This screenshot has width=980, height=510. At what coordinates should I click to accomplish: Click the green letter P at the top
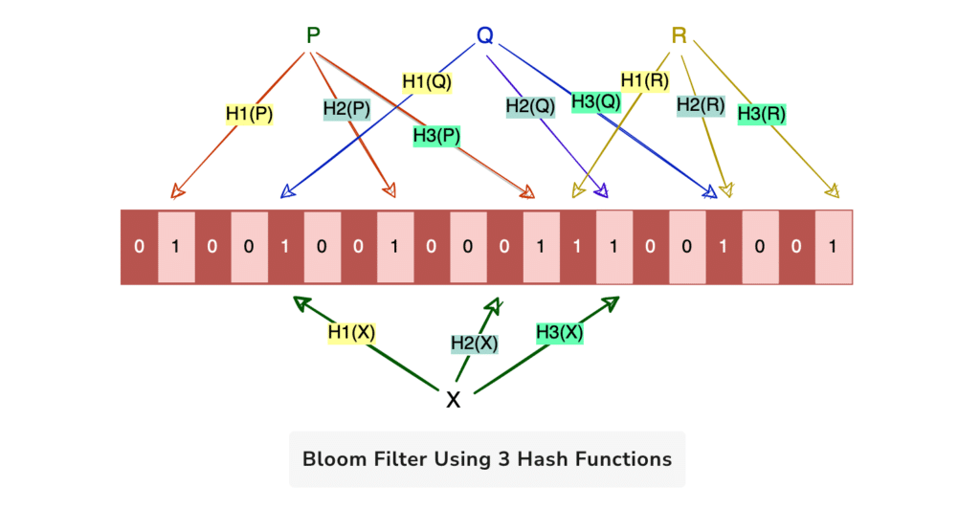313,36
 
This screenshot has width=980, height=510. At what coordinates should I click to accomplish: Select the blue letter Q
484,36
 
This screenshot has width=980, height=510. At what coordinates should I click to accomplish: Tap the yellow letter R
679,36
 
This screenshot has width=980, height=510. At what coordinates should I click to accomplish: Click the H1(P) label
249,114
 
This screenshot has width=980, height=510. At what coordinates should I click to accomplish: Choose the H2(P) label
346,109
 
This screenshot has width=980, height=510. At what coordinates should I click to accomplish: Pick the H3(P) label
436,136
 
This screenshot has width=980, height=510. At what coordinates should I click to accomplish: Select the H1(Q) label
426,82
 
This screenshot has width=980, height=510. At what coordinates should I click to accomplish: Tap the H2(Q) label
530,108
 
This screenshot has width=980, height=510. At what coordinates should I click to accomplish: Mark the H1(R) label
644,80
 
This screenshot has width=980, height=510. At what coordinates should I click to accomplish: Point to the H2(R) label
700,106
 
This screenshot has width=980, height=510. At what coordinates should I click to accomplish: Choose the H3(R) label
762,114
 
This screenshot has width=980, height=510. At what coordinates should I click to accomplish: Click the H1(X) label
351,332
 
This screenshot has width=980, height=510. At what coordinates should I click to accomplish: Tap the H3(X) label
559,333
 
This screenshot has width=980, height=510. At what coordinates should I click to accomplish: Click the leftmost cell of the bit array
139,247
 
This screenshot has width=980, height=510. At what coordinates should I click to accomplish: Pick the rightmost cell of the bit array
833,247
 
